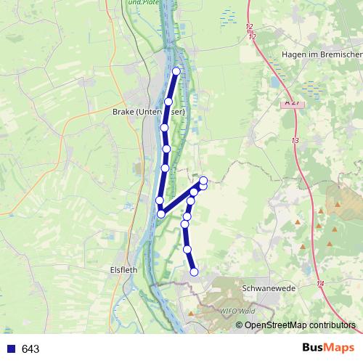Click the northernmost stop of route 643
click(176, 71)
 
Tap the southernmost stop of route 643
click(194, 272)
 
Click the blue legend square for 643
click(11, 349)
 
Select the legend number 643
click(30, 349)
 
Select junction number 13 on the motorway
click(295, 140)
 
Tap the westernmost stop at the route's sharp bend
click(160, 213)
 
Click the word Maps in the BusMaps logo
click(338, 348)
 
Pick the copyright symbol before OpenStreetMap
click(240, 325)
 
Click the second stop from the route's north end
click(168, 102)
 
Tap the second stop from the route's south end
click(187, 250)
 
